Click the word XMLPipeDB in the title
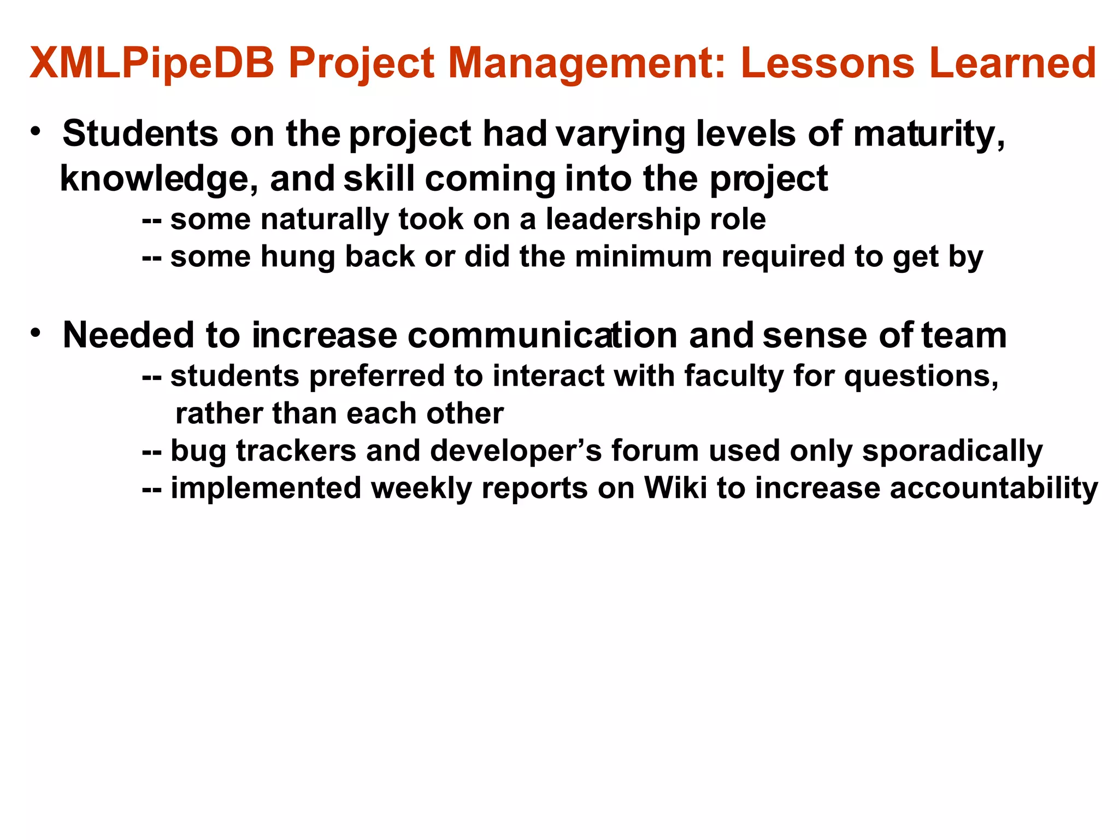pyautogui.click(x=152, y=64)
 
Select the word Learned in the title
pyautogui.click(x=1012, y=63)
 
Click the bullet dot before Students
pyautogui.click(x=36, y=132)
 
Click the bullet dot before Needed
pyautogui.click(x=36, y=332)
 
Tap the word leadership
pyautogui.click(x=623, y=219)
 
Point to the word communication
pyautogui.click(x=543, y=335)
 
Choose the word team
pyautogui.click(x=964, y=335)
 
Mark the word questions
pyautogui.click(x=921, y=376)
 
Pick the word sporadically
pyautogui.click(x=952, y=451)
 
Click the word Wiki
pyautogui.click(x=676, y=488)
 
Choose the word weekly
pyautogui.click(x=421, y=488)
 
